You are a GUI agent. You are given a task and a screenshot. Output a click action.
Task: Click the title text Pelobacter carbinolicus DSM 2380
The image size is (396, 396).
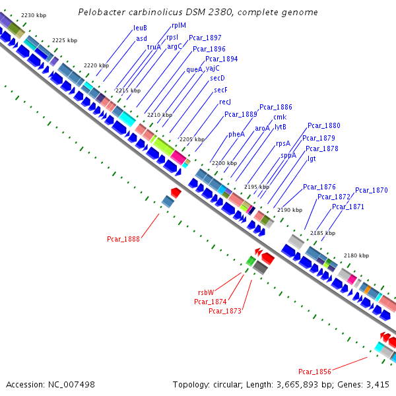(197, 13)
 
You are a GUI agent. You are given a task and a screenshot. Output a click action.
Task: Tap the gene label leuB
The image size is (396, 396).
(141, 28)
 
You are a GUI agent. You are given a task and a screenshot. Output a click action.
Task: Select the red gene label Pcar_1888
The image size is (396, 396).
(123, 239)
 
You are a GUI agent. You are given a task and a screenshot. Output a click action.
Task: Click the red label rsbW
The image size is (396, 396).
(206, 292)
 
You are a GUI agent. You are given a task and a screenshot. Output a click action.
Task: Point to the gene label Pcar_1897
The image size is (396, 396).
(205, 38)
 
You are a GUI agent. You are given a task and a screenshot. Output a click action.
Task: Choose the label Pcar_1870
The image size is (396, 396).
(372, 191)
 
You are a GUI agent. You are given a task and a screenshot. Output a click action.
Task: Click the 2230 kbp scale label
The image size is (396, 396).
(34, 15)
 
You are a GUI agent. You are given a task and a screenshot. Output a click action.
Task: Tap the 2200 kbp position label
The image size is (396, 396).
(224, 164)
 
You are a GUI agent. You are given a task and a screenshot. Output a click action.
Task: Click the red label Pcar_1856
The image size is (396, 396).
(315, 372)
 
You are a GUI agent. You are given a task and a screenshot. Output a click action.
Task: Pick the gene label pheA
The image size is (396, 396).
(236, 134)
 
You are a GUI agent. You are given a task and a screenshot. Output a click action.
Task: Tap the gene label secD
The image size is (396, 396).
(218, 78)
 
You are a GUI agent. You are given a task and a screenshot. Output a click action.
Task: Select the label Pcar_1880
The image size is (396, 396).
(324, 125)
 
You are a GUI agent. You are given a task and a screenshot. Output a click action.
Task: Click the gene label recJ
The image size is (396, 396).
(225, 102)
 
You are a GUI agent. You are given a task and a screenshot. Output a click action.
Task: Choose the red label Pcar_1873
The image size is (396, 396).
(225, 311)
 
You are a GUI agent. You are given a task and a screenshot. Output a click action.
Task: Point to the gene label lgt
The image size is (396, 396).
(312, 158)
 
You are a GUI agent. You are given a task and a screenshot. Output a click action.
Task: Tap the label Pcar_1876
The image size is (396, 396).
(319, 187)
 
